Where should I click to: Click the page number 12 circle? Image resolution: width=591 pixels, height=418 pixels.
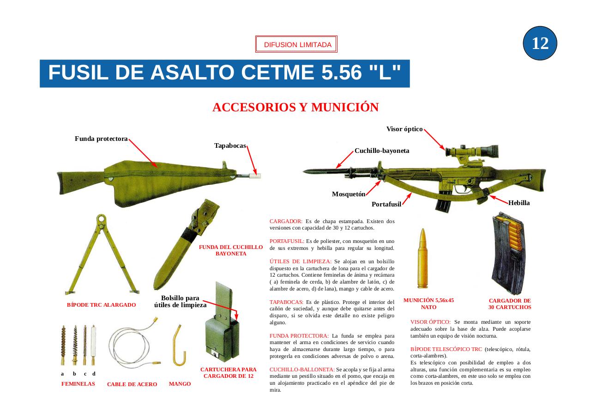tap(540, 43)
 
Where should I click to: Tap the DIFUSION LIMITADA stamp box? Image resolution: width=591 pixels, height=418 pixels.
tap(296, 45)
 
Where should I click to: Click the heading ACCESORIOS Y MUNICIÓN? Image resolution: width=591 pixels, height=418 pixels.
tap(295, 108)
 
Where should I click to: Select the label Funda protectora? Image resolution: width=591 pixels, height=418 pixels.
tap(101, 139)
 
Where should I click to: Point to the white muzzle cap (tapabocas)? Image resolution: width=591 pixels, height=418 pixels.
tap(255, 176)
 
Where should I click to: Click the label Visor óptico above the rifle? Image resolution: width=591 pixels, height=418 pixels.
tap(404, 129)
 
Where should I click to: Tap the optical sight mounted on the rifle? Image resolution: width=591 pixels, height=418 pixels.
tap(471, 151)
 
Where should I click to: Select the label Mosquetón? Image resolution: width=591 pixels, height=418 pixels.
tap(349, 194)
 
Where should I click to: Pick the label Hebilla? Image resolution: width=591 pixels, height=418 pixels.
tap(519, 203)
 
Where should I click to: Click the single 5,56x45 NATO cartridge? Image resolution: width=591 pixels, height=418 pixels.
tap(422, 259)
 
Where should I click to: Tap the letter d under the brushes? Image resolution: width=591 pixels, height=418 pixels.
tap(94, 374)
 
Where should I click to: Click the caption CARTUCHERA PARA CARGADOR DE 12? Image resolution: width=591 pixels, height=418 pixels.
tap(228, 373)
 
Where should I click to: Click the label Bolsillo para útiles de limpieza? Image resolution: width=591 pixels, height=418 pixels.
tap(180, 302)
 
